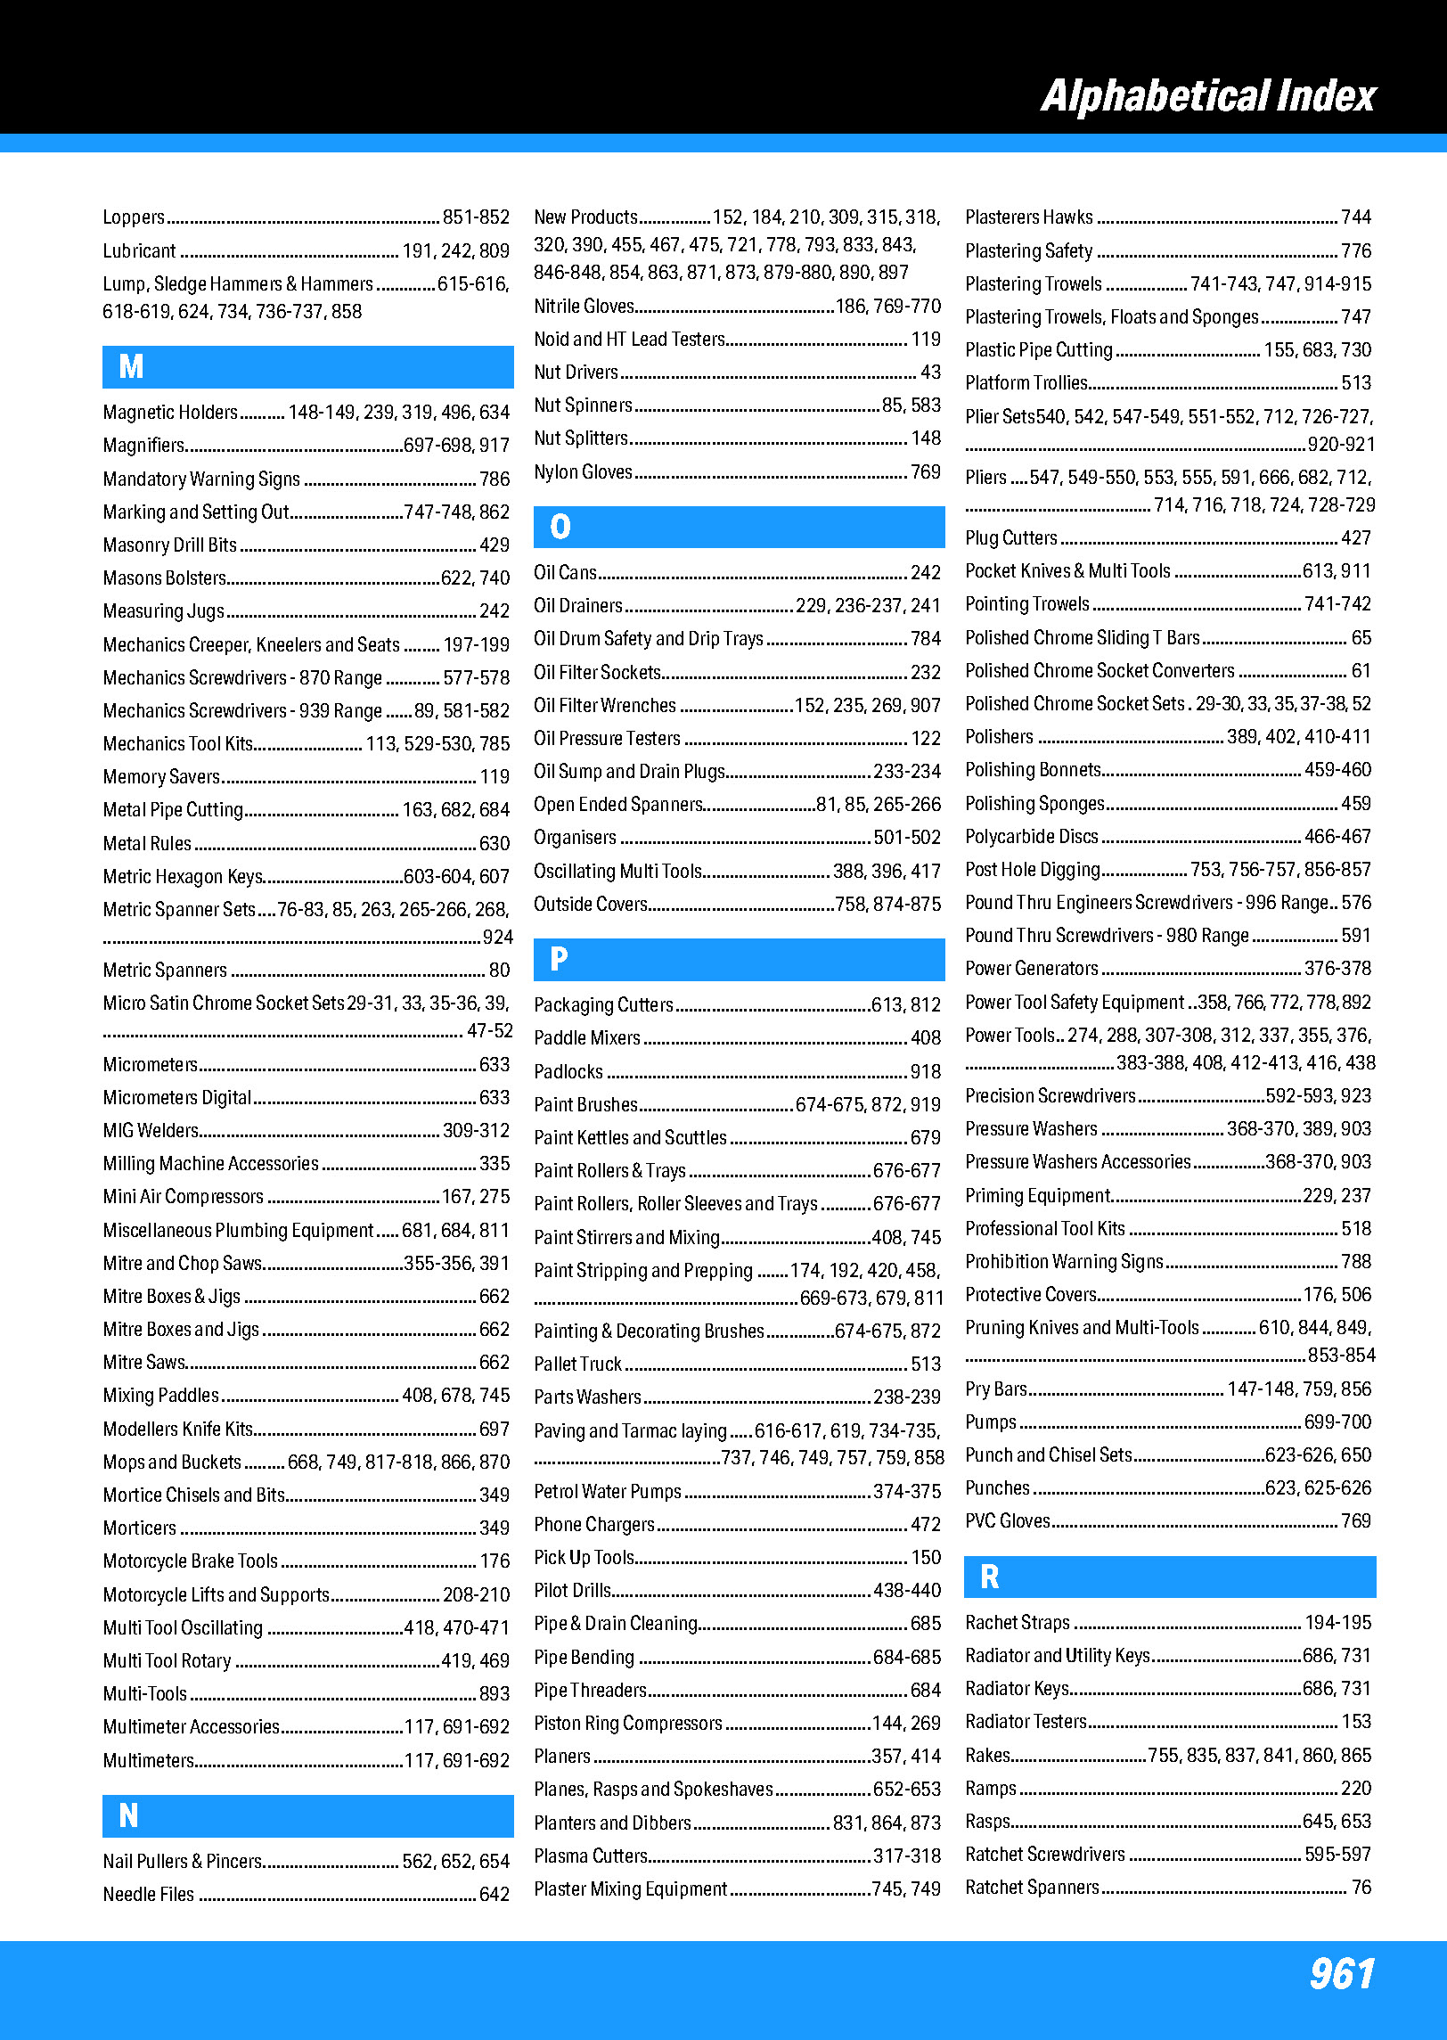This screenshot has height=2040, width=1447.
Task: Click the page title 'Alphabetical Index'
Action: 1208,96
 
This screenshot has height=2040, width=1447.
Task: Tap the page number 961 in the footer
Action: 1342,1973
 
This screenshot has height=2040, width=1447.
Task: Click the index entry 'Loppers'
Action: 134,217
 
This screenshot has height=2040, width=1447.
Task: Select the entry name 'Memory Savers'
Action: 161,777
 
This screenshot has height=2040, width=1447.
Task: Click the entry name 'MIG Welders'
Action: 151,1131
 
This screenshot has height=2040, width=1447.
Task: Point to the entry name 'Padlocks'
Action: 568,1072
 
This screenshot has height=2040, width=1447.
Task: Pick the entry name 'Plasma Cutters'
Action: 591,1856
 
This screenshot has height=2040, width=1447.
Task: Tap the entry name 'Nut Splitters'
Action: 581,438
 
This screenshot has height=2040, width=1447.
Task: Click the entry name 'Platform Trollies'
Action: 1026,383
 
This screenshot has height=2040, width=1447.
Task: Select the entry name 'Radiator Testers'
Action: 1026,1722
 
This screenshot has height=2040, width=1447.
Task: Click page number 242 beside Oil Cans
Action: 926,573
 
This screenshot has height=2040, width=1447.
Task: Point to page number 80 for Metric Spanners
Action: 499,971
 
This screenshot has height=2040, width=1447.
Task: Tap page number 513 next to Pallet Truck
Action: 926,1364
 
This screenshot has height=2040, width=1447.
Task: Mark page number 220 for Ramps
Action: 1356,1789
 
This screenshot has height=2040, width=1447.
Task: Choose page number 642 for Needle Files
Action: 495,1895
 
